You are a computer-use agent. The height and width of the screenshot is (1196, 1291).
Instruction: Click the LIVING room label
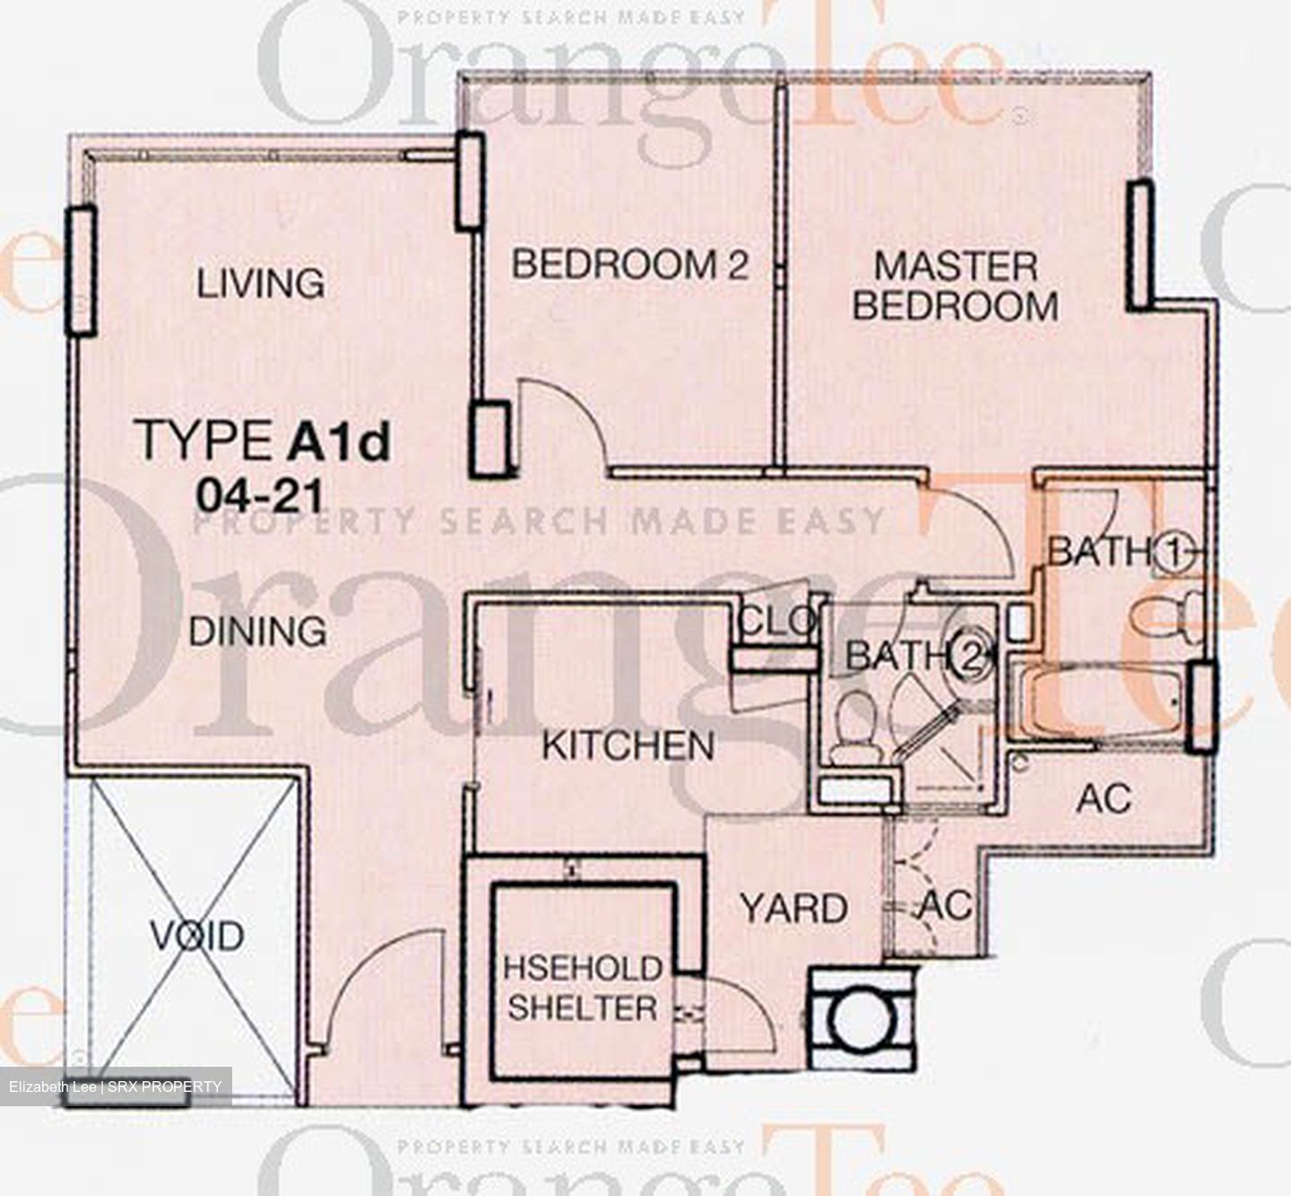click(x=261, y=284)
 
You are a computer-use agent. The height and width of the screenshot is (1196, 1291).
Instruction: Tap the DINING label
click(x=257, y=631)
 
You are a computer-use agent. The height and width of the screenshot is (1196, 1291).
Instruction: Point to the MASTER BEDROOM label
click(x=955, y=286)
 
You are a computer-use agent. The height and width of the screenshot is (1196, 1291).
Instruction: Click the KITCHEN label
click(x=628, y=745)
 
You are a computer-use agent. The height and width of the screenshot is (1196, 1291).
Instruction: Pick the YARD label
click(x=794, y=908)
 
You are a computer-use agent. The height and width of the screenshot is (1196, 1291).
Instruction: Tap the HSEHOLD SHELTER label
click(x=583, y=989)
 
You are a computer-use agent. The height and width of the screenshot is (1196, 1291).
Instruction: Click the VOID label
click(x=197, y=936)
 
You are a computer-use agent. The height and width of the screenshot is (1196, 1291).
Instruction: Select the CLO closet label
click(x=777, y=621)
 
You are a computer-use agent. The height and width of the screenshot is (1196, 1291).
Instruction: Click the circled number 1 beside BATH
click(x=1174, y=554)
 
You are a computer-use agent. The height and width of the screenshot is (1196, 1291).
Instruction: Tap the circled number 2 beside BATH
click(x=970, y=657)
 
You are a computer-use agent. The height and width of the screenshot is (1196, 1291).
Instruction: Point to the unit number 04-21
click(x=260, y=498)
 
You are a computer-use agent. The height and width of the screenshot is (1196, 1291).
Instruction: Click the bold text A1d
click(x=339, y=441)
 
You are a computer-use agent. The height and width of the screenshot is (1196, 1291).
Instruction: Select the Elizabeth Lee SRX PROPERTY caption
click(x=116, y=1086)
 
